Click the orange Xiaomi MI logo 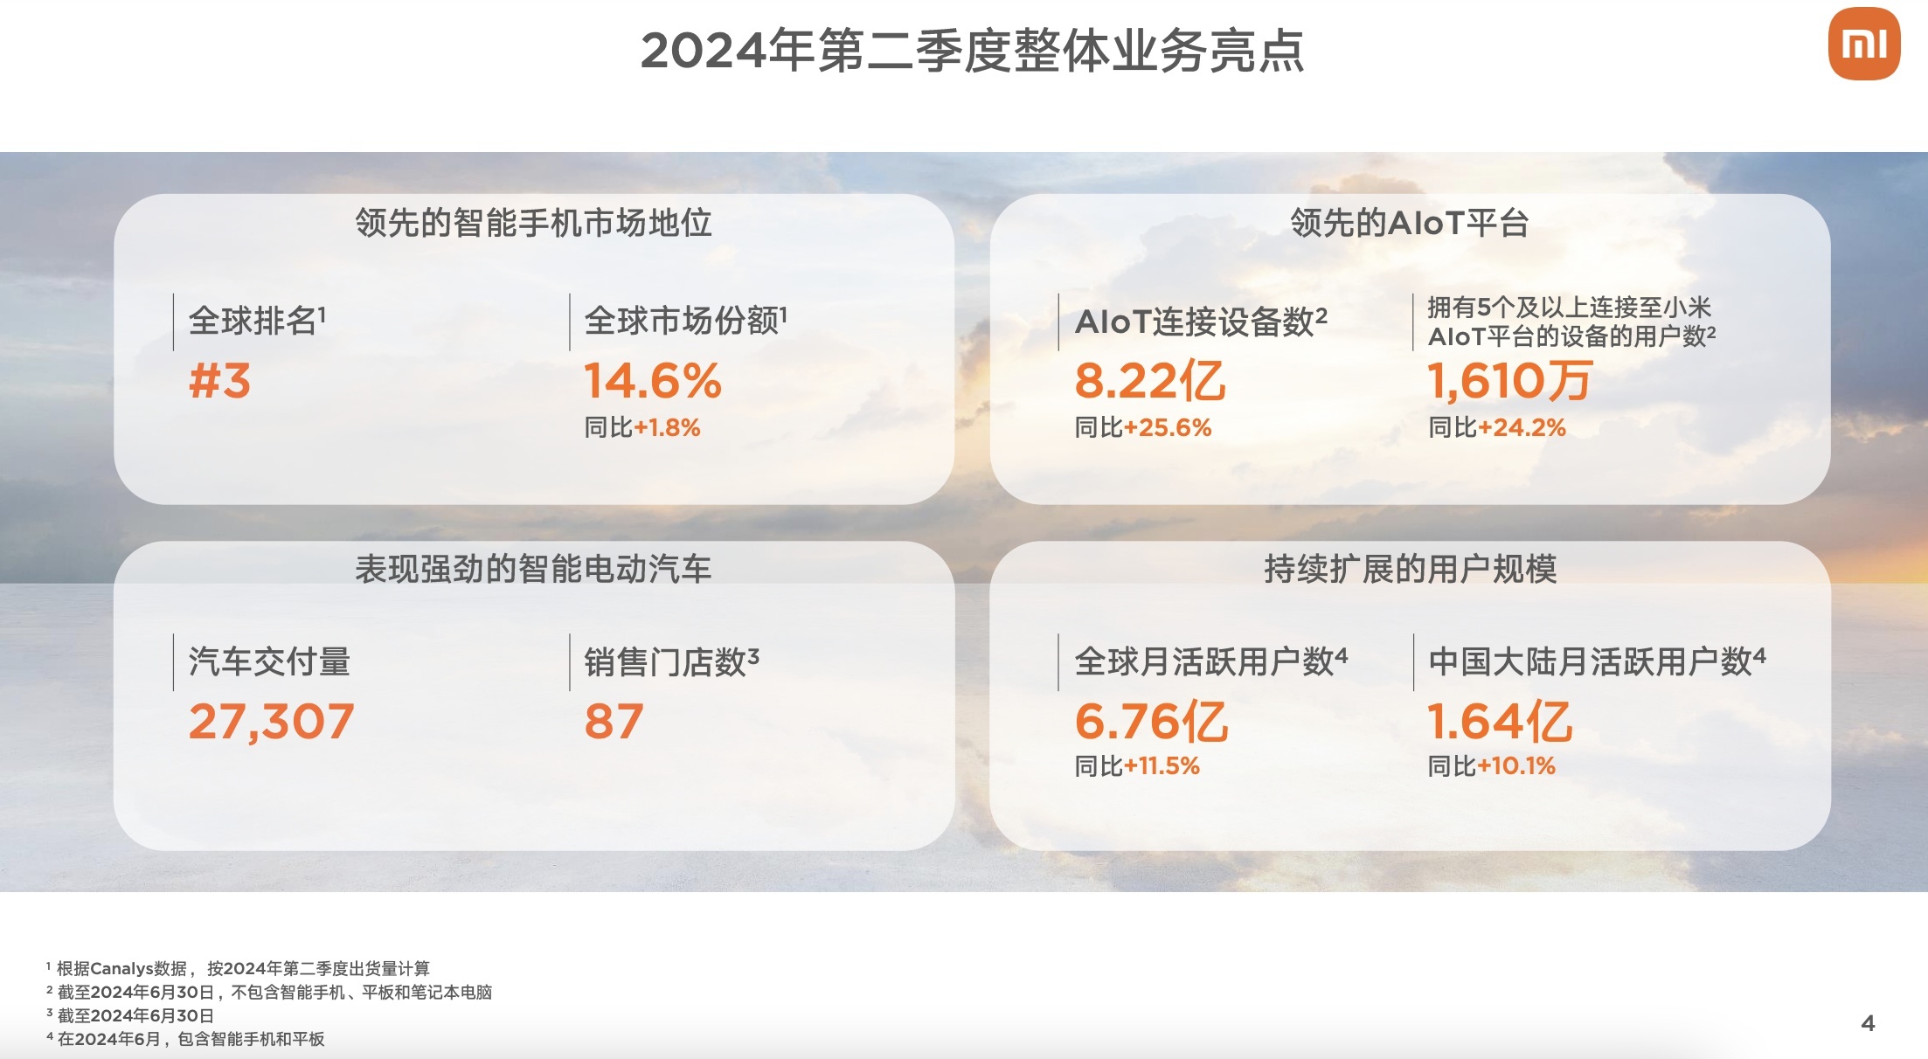(x=1863, y=44)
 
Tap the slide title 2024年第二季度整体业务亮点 (x=972, y=50)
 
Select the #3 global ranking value (x=220, y=381)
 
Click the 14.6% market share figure (x=653, y=381)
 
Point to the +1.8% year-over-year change (x=667, y=427)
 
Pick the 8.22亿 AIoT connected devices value (x=1150, y=382)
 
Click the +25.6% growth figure (x=1168, y=427)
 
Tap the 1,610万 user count (x=1509, y=382)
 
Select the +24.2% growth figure (x=1522, y=427)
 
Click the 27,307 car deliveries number (x=272, y=722)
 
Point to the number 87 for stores (x=614, y=722)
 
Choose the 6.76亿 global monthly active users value (x=1151, y=722)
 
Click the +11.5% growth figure (x=1162, y=766)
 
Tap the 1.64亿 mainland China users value (x=1500, y=722)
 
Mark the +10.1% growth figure (x=1516, y=766)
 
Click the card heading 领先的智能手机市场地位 (x=533, y=223)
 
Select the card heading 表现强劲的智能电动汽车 (x=533, y=569)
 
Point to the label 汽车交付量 (x=269, y=661)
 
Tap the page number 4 (x=1869, y=1023)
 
